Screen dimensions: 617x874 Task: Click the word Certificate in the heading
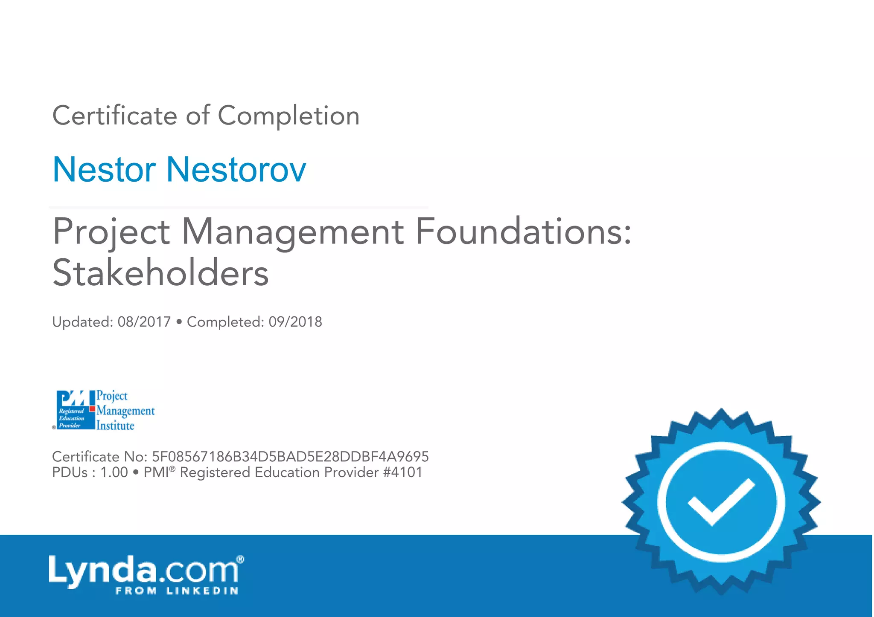coord(114,116)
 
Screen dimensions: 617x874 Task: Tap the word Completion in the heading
coord(288,116)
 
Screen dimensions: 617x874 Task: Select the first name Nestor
coord(104,170)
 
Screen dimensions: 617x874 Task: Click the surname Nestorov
coord(236,170)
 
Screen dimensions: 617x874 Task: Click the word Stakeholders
coord(160,273)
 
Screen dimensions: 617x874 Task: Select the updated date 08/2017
coord(144,322)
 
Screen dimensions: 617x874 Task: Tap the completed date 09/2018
coord(295,322)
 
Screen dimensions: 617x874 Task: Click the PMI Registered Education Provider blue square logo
coord(73,410)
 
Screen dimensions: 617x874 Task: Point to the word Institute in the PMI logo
coord(115,426)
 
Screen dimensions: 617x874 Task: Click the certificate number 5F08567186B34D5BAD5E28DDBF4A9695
coord(290,457)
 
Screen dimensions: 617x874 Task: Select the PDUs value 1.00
coord(114,472)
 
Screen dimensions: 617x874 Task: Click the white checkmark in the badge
coord(721,502)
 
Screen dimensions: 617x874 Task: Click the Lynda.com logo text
coord(143,570)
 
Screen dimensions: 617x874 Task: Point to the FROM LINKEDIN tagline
coord(177,591)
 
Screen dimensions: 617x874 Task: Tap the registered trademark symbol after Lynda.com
coord(240,559)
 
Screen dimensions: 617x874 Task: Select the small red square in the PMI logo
coord(92,409)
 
